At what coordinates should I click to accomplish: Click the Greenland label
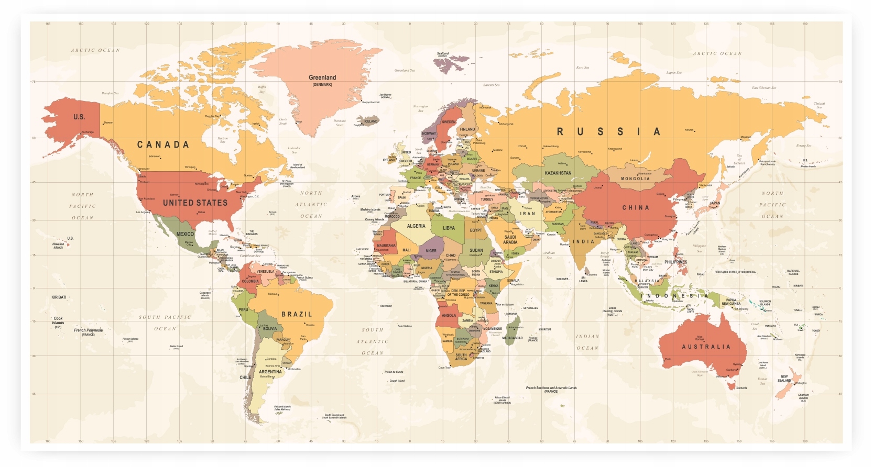point(322,77)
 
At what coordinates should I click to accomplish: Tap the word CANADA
point(163,144)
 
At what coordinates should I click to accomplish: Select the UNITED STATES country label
point(195,203)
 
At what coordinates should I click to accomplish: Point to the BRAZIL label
point(297,314)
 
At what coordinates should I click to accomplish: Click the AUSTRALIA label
point(706,347)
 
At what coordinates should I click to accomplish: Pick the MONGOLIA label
point(635,179)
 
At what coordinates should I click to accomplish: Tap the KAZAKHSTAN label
point(558,173)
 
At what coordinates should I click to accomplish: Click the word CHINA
point(636,208)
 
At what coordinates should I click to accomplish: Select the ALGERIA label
point(416,226)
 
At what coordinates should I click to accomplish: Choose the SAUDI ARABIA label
point(510,239)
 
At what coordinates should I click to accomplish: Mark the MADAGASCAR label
point(512,338)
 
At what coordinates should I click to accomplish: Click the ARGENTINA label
point(270,372)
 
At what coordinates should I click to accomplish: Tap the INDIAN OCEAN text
point(587,342)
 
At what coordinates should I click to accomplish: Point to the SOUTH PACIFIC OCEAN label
point(165,323)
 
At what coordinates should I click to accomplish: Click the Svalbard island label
point(443,53)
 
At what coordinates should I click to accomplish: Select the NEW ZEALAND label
point(784,379)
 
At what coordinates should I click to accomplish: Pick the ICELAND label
point(371,121)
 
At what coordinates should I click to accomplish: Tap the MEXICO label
point(185,234)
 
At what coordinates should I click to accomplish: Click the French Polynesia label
point(88,330)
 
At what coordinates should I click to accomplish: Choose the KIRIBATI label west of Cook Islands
point(59,297)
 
